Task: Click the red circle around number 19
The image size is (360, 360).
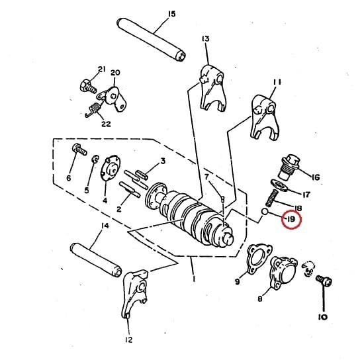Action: pyautogui.click(x=290, y=218)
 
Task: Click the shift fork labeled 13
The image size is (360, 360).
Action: pyautogui.click(x=212, y=86)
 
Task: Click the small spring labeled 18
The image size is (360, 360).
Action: pyautogui.click(x=270, y=198)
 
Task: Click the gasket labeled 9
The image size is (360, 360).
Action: pyautogui.click(x=255, y=259)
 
